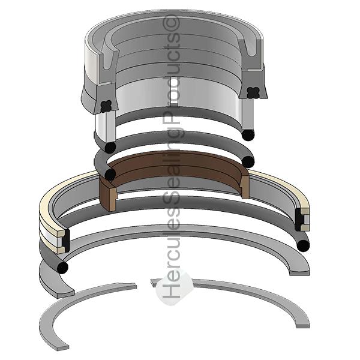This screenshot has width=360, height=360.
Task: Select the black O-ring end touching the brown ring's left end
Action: click(110, 175)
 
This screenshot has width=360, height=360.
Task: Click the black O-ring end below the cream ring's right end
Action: click(302, 244)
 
